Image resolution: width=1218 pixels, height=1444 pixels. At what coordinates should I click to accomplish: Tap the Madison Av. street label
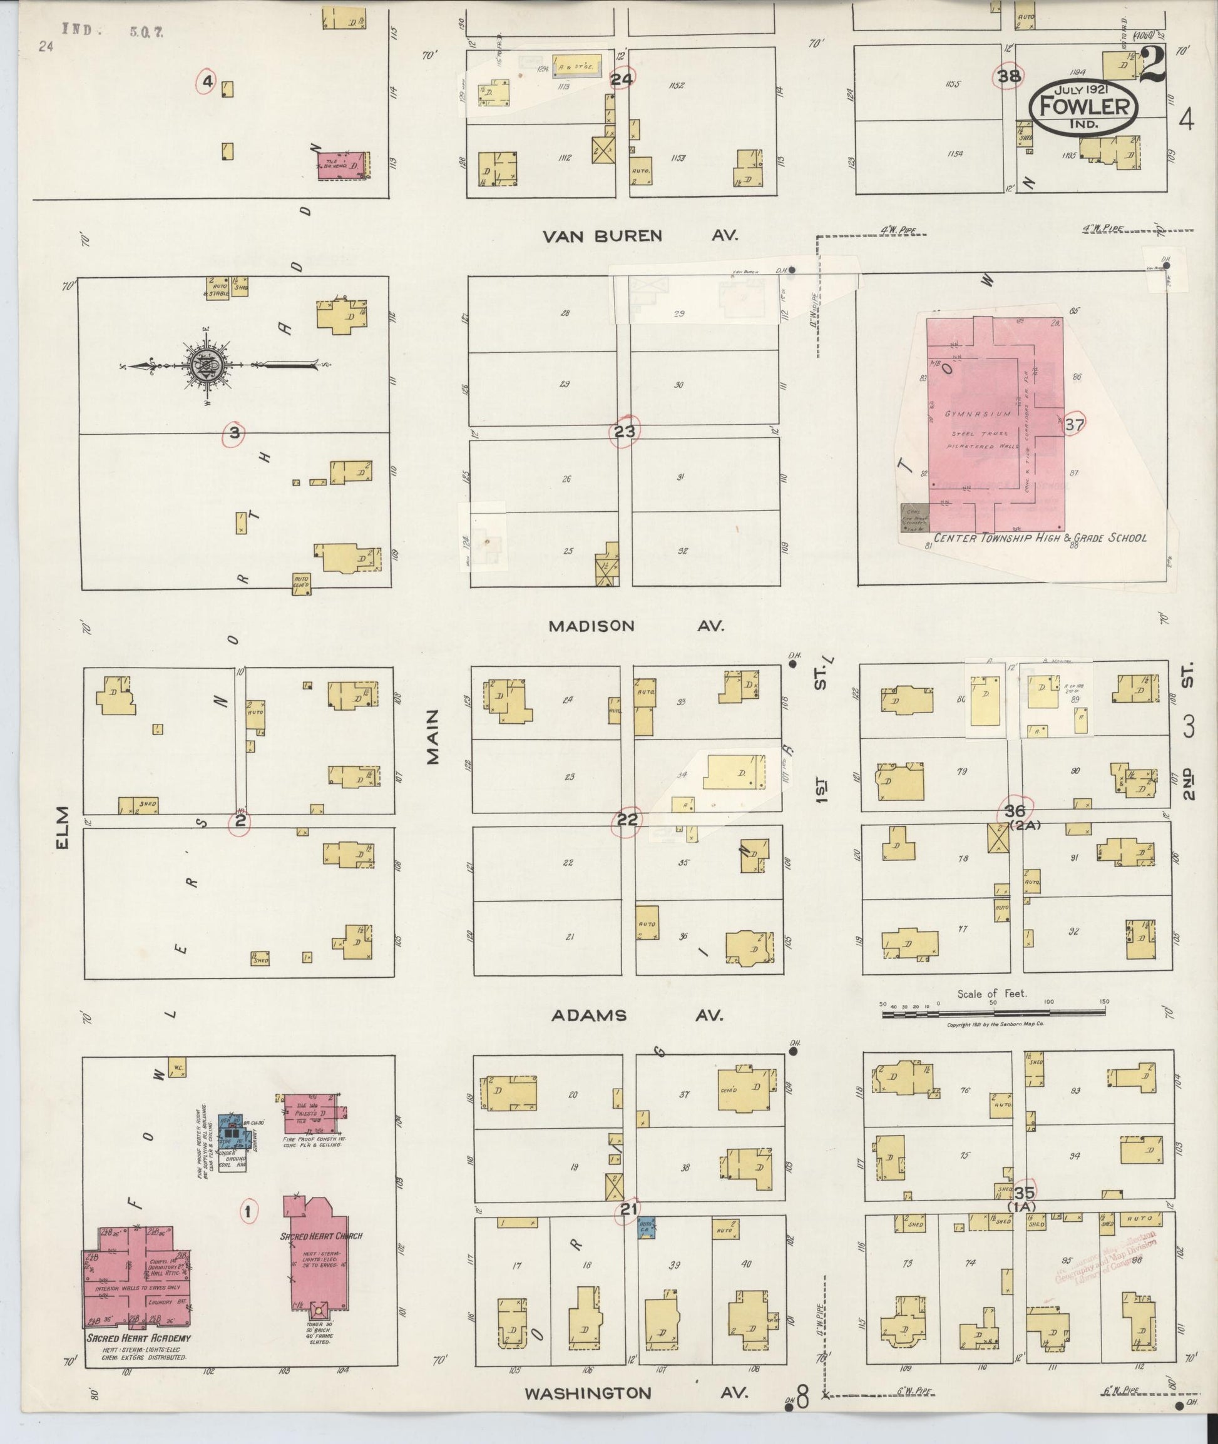pos(635,626)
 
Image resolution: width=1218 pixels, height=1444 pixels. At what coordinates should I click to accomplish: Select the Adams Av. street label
pos(637,1015)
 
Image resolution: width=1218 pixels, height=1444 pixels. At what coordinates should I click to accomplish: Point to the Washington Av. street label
pos(635,1393)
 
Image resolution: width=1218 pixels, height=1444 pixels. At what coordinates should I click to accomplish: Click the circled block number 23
pos(624,432)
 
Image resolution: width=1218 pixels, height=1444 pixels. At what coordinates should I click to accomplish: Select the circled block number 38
pos(1009,76)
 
